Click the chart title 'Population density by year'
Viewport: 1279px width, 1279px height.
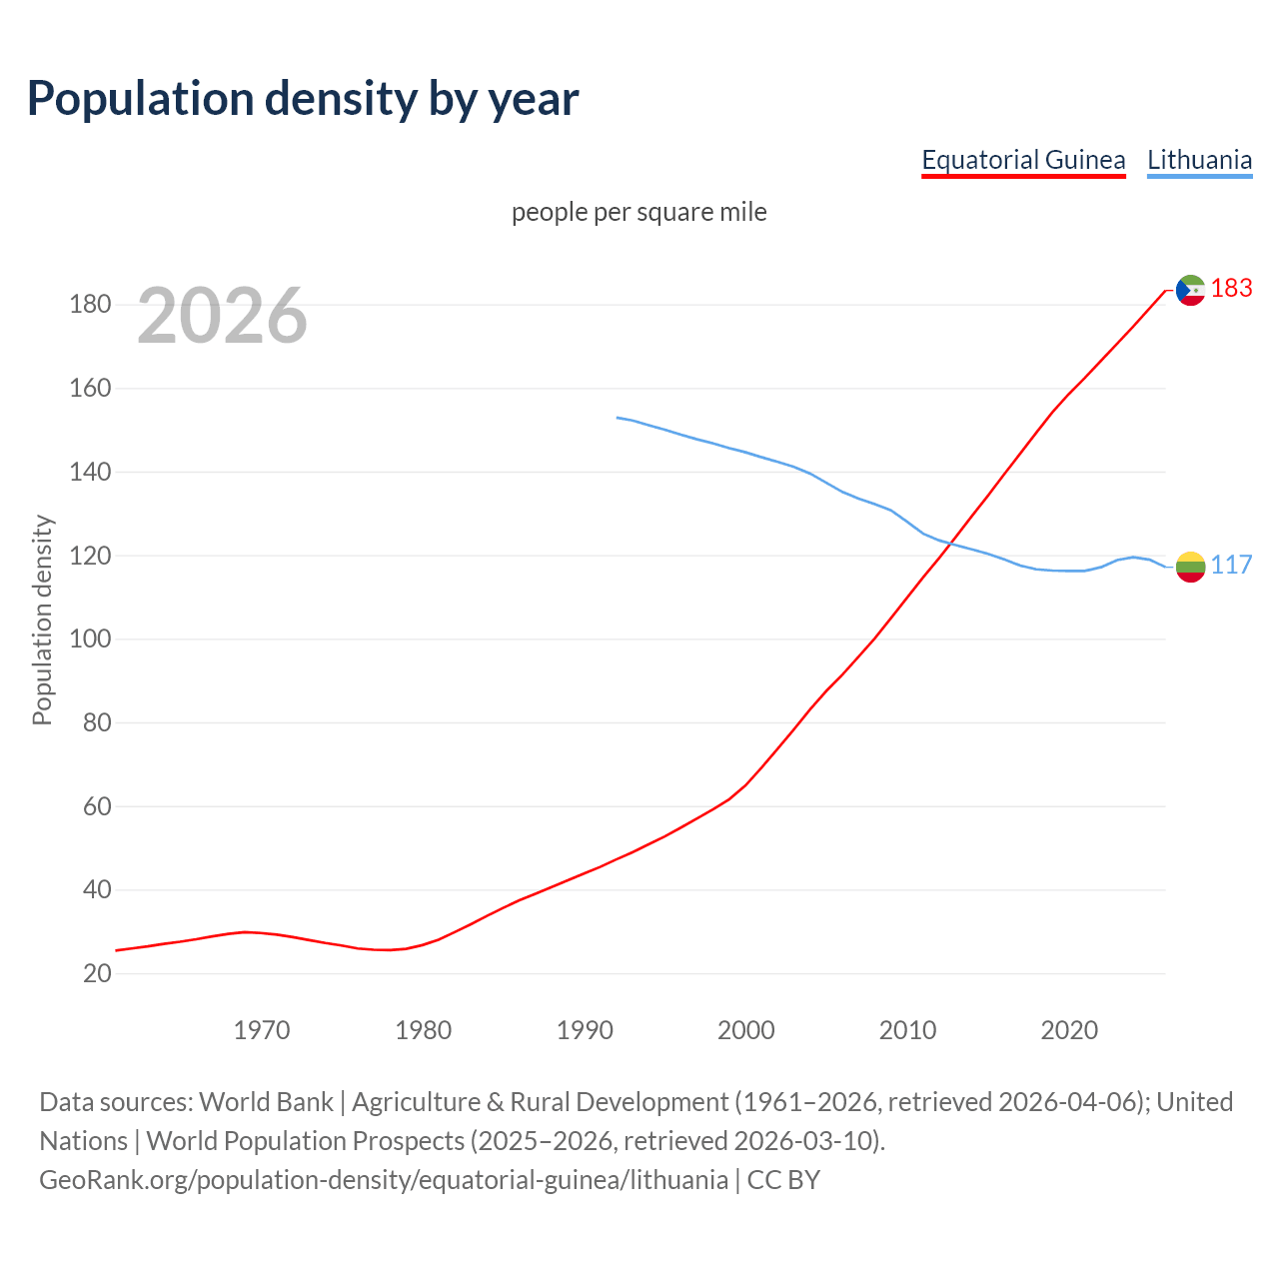click(x=303, y=98)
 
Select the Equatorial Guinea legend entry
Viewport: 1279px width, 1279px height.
click(x=1023, y=160)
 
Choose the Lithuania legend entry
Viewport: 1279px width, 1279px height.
click(x=1199, y=160)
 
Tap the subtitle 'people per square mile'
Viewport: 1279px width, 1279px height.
click(x=639, y=213)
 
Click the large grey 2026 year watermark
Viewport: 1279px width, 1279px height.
click(x=222, y=316)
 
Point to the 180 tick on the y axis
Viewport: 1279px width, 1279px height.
click(x=90, y=305)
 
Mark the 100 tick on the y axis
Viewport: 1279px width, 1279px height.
click(x=90, y=639)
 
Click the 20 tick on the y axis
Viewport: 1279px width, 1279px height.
click(x=97, y=974)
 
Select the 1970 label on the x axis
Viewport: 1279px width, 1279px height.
click(x=262, y=1030)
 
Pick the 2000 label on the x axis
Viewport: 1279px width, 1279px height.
click(x=745, y=1030)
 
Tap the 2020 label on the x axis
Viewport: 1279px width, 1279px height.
click(x=1069, y=1030)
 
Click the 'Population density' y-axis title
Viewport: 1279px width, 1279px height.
click(x=42, y=620)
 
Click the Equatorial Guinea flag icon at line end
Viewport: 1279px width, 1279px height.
click(x=1190, y=290)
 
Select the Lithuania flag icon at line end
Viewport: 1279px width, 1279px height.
click(x=1190, y=567)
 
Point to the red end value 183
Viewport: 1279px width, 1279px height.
click(x=1231, y=289)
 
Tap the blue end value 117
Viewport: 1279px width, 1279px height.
click(x=1231, y=566)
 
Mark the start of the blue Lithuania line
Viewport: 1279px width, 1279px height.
click(x=618, y=418)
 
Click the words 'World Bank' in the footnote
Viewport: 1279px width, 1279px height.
click(x=266, y=1102)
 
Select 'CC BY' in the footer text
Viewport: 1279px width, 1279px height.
click(x=783, y=1180)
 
